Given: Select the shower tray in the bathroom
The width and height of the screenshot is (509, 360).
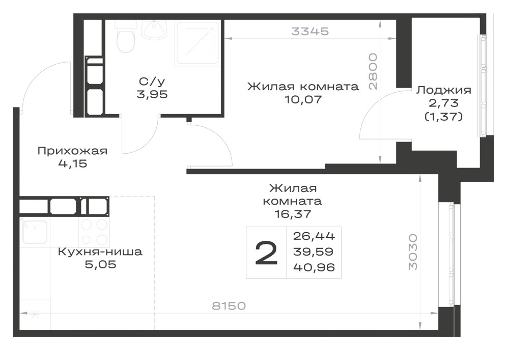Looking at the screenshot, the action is click(x=197, y=43).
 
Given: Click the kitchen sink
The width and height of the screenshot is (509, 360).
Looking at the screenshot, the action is click(x=34, y=232).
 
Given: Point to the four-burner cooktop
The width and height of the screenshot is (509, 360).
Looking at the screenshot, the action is click(x=94, y=232).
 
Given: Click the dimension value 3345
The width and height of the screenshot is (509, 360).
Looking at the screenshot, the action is click(x=310, y=32).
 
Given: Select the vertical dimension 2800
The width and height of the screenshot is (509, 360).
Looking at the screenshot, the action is click(x=373, y=71).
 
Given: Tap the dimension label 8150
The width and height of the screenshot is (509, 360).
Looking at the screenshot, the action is click(x=229, y=306).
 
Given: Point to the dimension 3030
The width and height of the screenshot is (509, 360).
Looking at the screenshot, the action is click(x=413, y=252).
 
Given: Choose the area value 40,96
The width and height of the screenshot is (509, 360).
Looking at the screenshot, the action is click(x=314, y=267).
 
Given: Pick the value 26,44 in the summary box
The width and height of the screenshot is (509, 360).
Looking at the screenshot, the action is click(x=314, y=236).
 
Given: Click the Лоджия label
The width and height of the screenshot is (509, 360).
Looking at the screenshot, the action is click(x=443, y=90).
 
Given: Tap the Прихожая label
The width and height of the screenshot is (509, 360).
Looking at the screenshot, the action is click(x=72, y=151).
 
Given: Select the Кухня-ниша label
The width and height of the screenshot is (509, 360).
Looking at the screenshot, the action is click(x=100, y=252).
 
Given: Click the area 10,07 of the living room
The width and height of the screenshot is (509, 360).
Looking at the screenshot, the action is click(x=303, y=99).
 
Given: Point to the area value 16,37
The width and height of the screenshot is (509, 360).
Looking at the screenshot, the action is click(x=293, y=214).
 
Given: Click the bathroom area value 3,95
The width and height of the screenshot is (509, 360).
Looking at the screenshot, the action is click(x=152, y=95).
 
